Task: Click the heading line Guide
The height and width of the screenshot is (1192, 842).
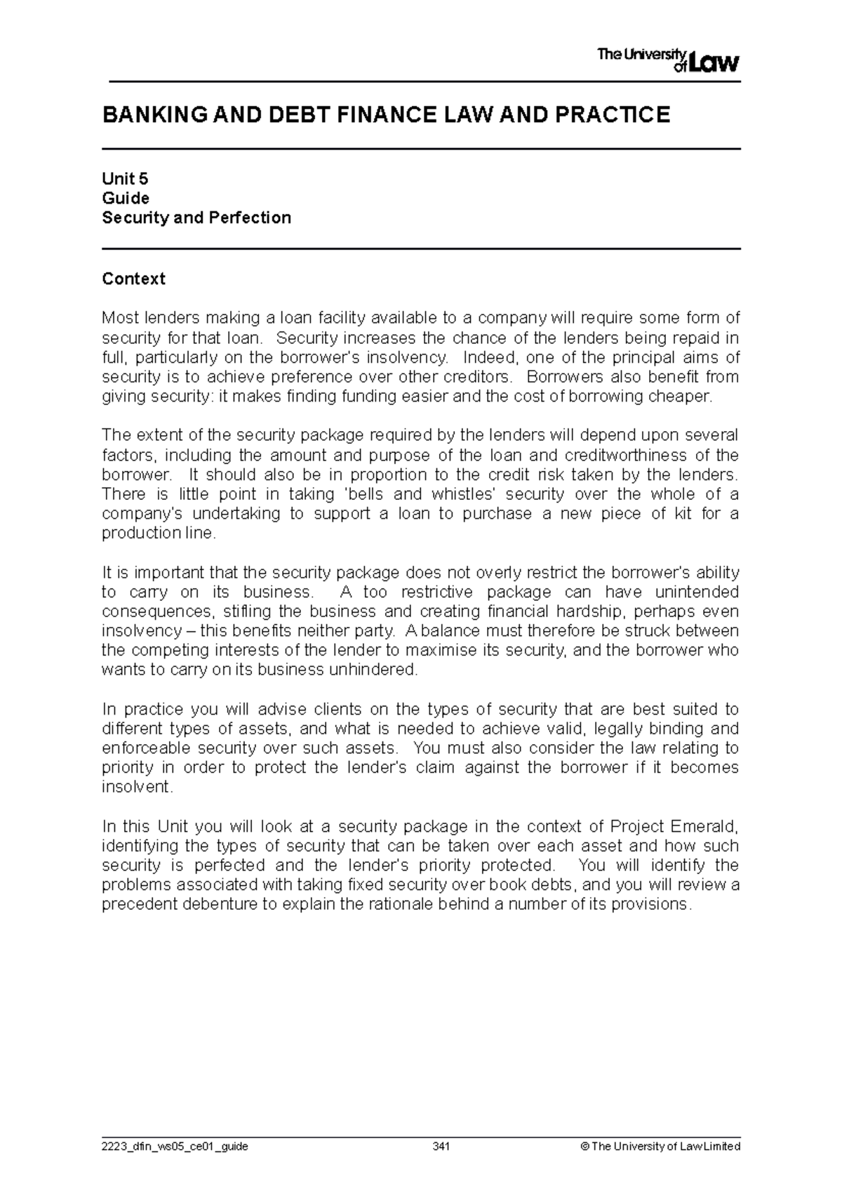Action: coord(126,198)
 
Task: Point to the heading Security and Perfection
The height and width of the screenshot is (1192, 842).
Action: coord(196,218)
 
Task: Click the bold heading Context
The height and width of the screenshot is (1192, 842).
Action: coord(133,279)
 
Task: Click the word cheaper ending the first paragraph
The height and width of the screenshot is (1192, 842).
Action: coord(685,397)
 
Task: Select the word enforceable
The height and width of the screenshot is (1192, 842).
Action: coord(147,748)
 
